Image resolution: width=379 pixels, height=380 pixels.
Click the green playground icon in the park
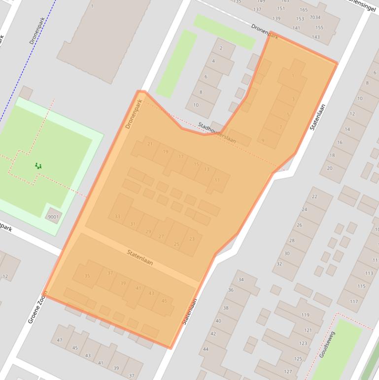[x=38, y=166]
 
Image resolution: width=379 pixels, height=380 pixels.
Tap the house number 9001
[x=53, y=217]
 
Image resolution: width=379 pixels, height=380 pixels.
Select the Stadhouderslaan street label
[x=217, y=133]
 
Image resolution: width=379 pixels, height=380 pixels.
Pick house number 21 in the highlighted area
[x=150, y=144]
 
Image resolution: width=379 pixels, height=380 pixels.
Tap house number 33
[x=117, y=217]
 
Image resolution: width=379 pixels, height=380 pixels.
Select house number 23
[x=192, y=239]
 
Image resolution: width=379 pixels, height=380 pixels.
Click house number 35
[x=87, y=276]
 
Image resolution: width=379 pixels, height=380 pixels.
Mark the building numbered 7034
[x=314, y=18]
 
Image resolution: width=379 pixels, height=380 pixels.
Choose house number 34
[x=241, y=280]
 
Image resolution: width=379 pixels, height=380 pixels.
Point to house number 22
[x=314, y=196]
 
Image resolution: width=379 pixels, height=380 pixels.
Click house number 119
[x=305, y=315]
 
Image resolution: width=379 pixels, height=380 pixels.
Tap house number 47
[x=60, y=341]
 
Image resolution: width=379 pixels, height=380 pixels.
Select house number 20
[x=329, y=168]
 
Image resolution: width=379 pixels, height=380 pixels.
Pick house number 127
[x=288, y=372]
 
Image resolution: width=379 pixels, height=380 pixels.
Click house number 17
[x=181, y=156]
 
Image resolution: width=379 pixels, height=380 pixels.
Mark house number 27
[x=161, y=236]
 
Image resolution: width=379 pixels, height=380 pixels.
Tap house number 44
[x=206, y=349]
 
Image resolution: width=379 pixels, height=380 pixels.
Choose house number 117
[x=353, y=301]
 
